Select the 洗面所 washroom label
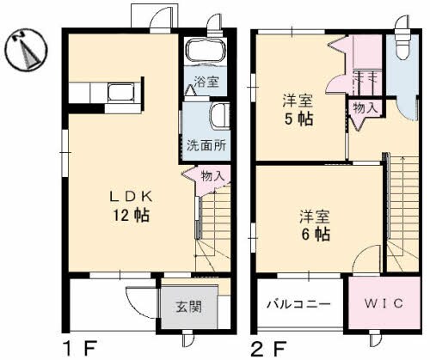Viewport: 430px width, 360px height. (x=206, y=145)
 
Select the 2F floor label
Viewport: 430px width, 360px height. (x=268, y=349)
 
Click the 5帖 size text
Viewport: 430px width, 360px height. (x=299, y=119)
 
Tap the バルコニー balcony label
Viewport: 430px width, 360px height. (x=298, y=304)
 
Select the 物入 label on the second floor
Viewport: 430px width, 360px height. (x=360, y=107)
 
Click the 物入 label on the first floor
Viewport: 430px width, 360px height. (x=212, y=176)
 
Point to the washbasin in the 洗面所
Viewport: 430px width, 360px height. (x=217, y=115)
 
